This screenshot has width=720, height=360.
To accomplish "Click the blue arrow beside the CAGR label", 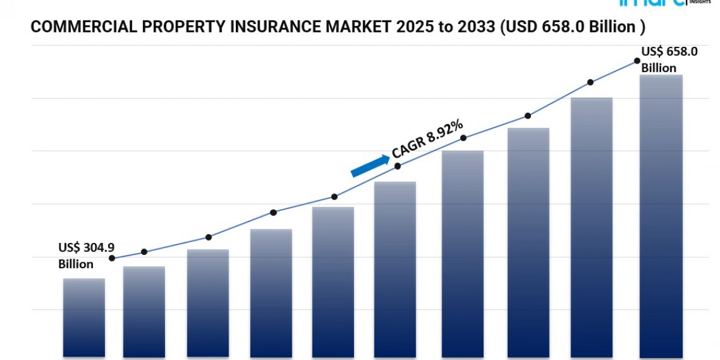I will pos(370,165).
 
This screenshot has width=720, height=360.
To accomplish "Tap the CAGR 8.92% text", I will pos(427,139).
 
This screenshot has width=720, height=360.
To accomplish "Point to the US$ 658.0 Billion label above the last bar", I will pos(669,60).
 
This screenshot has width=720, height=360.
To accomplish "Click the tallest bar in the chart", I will pos(661,216).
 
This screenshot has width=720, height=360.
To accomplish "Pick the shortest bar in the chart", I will pos(84,318).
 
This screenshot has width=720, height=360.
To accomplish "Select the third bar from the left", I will pos(208,303).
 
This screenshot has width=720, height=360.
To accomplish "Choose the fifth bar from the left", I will pos(333,282).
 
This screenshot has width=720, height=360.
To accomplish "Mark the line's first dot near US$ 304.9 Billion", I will pos(112,258).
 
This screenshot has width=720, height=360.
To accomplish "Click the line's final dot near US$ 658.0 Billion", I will pos(637,61).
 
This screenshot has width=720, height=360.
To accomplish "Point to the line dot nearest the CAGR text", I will pos(398,166).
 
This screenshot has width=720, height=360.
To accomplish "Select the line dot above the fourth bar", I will pos(273,212).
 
